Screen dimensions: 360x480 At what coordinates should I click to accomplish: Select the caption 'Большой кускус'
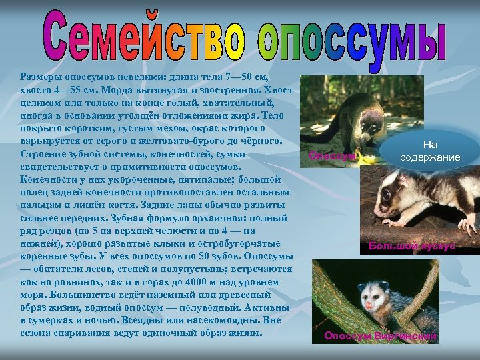(x=412, y=246)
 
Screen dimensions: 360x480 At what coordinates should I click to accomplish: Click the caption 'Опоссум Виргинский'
(x=380, y=336)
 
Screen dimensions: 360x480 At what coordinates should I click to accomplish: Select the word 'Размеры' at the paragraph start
(x=43, y=77)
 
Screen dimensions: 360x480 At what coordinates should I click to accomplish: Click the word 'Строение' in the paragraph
(x=43, y=154)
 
